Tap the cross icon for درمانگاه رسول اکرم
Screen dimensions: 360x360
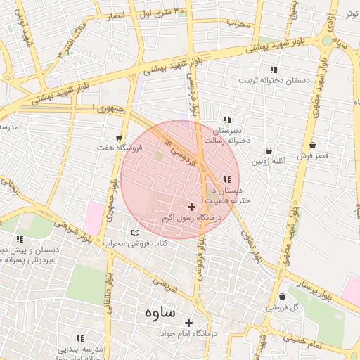pos(191,207)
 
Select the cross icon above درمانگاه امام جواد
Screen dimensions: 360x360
pos(188,323)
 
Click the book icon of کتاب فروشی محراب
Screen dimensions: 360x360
pos(136,233)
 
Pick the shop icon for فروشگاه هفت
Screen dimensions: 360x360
pos(119,138)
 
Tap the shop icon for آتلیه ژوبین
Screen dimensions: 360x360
pos(269,150)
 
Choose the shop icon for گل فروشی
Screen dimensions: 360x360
pos(282,297)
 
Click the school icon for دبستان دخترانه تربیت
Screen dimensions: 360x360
pos(274,70)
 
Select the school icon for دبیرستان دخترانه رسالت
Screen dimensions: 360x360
pos(226,120)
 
